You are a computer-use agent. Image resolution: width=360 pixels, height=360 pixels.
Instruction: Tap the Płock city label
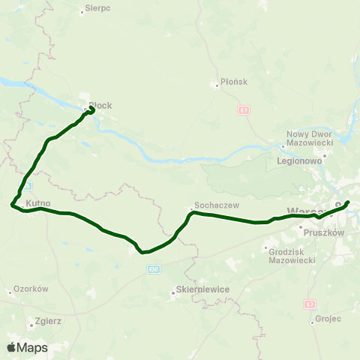coord(100,106)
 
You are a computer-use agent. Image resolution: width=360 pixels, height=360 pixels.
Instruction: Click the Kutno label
coord(37,203)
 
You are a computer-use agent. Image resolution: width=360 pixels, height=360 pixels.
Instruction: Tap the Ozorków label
coord(31,289)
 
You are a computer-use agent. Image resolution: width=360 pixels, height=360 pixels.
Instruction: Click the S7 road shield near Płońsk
coord(243,110)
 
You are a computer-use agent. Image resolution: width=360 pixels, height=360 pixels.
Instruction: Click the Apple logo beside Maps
coord(11,347)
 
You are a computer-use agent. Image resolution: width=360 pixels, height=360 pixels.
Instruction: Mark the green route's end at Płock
coord(91,109)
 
